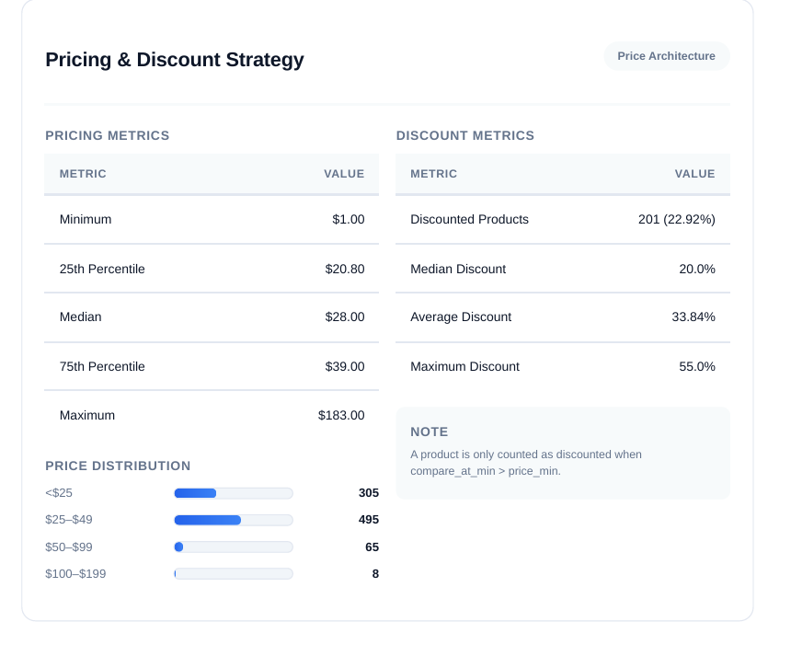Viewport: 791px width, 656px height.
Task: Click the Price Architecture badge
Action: point(666,56)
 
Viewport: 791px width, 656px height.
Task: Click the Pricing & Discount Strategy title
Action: point(175,60)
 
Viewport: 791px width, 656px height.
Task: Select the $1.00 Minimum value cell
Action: point(348,220)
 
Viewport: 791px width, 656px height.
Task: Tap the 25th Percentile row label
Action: point(102,270)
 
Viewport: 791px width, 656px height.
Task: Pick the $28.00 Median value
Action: point(344,317)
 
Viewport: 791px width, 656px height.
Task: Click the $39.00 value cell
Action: point(344,367)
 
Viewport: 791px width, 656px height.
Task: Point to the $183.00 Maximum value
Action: point(341,416)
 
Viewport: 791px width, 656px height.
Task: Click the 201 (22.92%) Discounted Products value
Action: point(676,220)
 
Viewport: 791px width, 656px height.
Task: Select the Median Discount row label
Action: point(458,270)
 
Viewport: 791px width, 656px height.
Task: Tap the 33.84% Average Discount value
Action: point(693,317)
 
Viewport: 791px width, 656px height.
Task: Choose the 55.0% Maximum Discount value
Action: point(696,367)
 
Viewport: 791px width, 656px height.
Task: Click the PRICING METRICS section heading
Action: point(108,135)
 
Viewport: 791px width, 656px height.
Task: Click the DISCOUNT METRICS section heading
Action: point(464,135)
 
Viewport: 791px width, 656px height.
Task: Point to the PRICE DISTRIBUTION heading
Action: point(118,466)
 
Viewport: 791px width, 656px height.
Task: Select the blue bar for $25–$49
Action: point(208,520)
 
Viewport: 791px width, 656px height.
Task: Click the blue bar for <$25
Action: point(195,493)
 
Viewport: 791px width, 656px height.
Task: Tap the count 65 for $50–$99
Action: point(372,547)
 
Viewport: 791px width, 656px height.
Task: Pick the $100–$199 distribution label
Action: point(75,574)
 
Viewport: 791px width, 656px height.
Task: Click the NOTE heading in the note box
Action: point(430,432)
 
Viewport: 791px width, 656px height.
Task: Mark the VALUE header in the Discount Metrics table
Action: point(694,174)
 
